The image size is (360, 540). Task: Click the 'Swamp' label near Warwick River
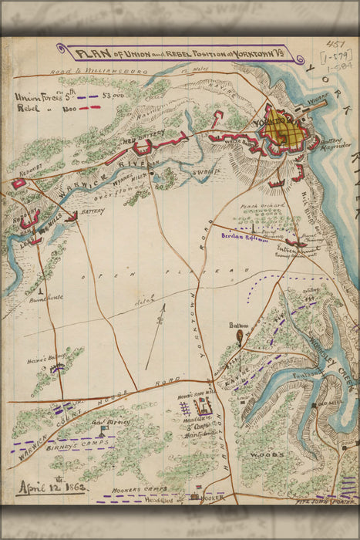click(207, 172)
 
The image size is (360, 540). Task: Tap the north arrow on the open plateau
click(159, 322)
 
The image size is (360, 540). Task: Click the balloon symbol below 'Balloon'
click(240, 336)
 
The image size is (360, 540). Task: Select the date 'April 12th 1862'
click(50, 487)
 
